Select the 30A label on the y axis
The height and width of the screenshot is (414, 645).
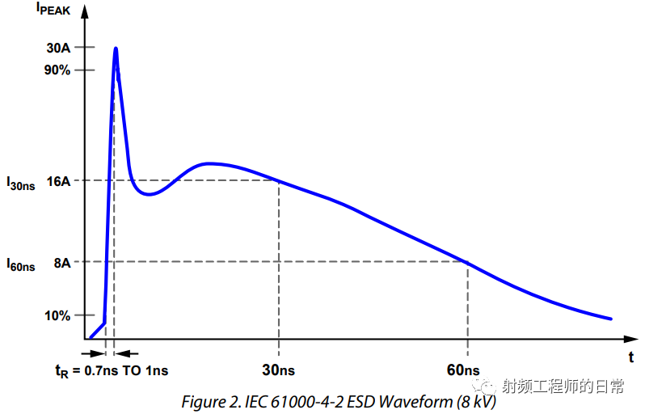pos(58,48)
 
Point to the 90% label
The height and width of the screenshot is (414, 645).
pos(57,70)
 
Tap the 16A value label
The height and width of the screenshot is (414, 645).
pos(58,181)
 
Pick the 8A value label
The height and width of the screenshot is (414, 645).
pos(61,262)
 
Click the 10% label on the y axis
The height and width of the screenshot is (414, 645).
pos(57,315)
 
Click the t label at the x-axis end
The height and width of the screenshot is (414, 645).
pos(631,356)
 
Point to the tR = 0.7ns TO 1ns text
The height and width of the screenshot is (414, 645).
pos(112,370)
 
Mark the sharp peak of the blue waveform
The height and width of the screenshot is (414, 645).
pos(116,49)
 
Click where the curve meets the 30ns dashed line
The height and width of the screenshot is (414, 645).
pos(279,180)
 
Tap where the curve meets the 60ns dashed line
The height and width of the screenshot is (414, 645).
pos(467,262)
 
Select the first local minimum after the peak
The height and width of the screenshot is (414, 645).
pos(148,194)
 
